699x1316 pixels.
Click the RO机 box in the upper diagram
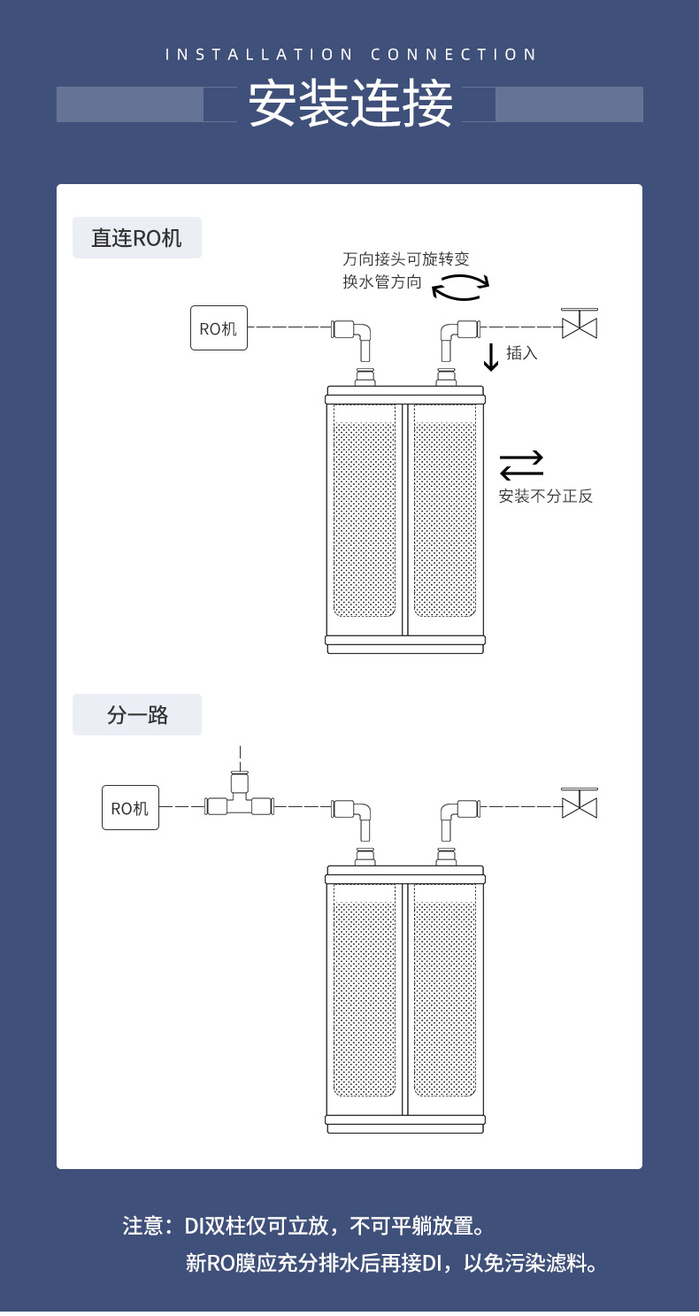[219, 327]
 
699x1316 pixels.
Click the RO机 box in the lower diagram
[130, 808]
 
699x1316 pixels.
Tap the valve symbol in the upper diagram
[580, 324]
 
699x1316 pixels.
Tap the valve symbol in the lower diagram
[580, 803]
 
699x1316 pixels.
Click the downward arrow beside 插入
[490, 358]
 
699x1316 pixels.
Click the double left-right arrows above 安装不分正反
[522, 466]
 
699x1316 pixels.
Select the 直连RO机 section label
[137, 238]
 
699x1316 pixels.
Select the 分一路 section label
[137, 715]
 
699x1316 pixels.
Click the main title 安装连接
[350, 104]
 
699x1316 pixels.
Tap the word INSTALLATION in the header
[258, 55]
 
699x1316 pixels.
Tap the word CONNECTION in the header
[454, 55]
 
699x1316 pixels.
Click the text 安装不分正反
[546, 496]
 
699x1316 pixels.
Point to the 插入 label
[522, 352]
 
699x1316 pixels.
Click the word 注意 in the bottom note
[142, 1226]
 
